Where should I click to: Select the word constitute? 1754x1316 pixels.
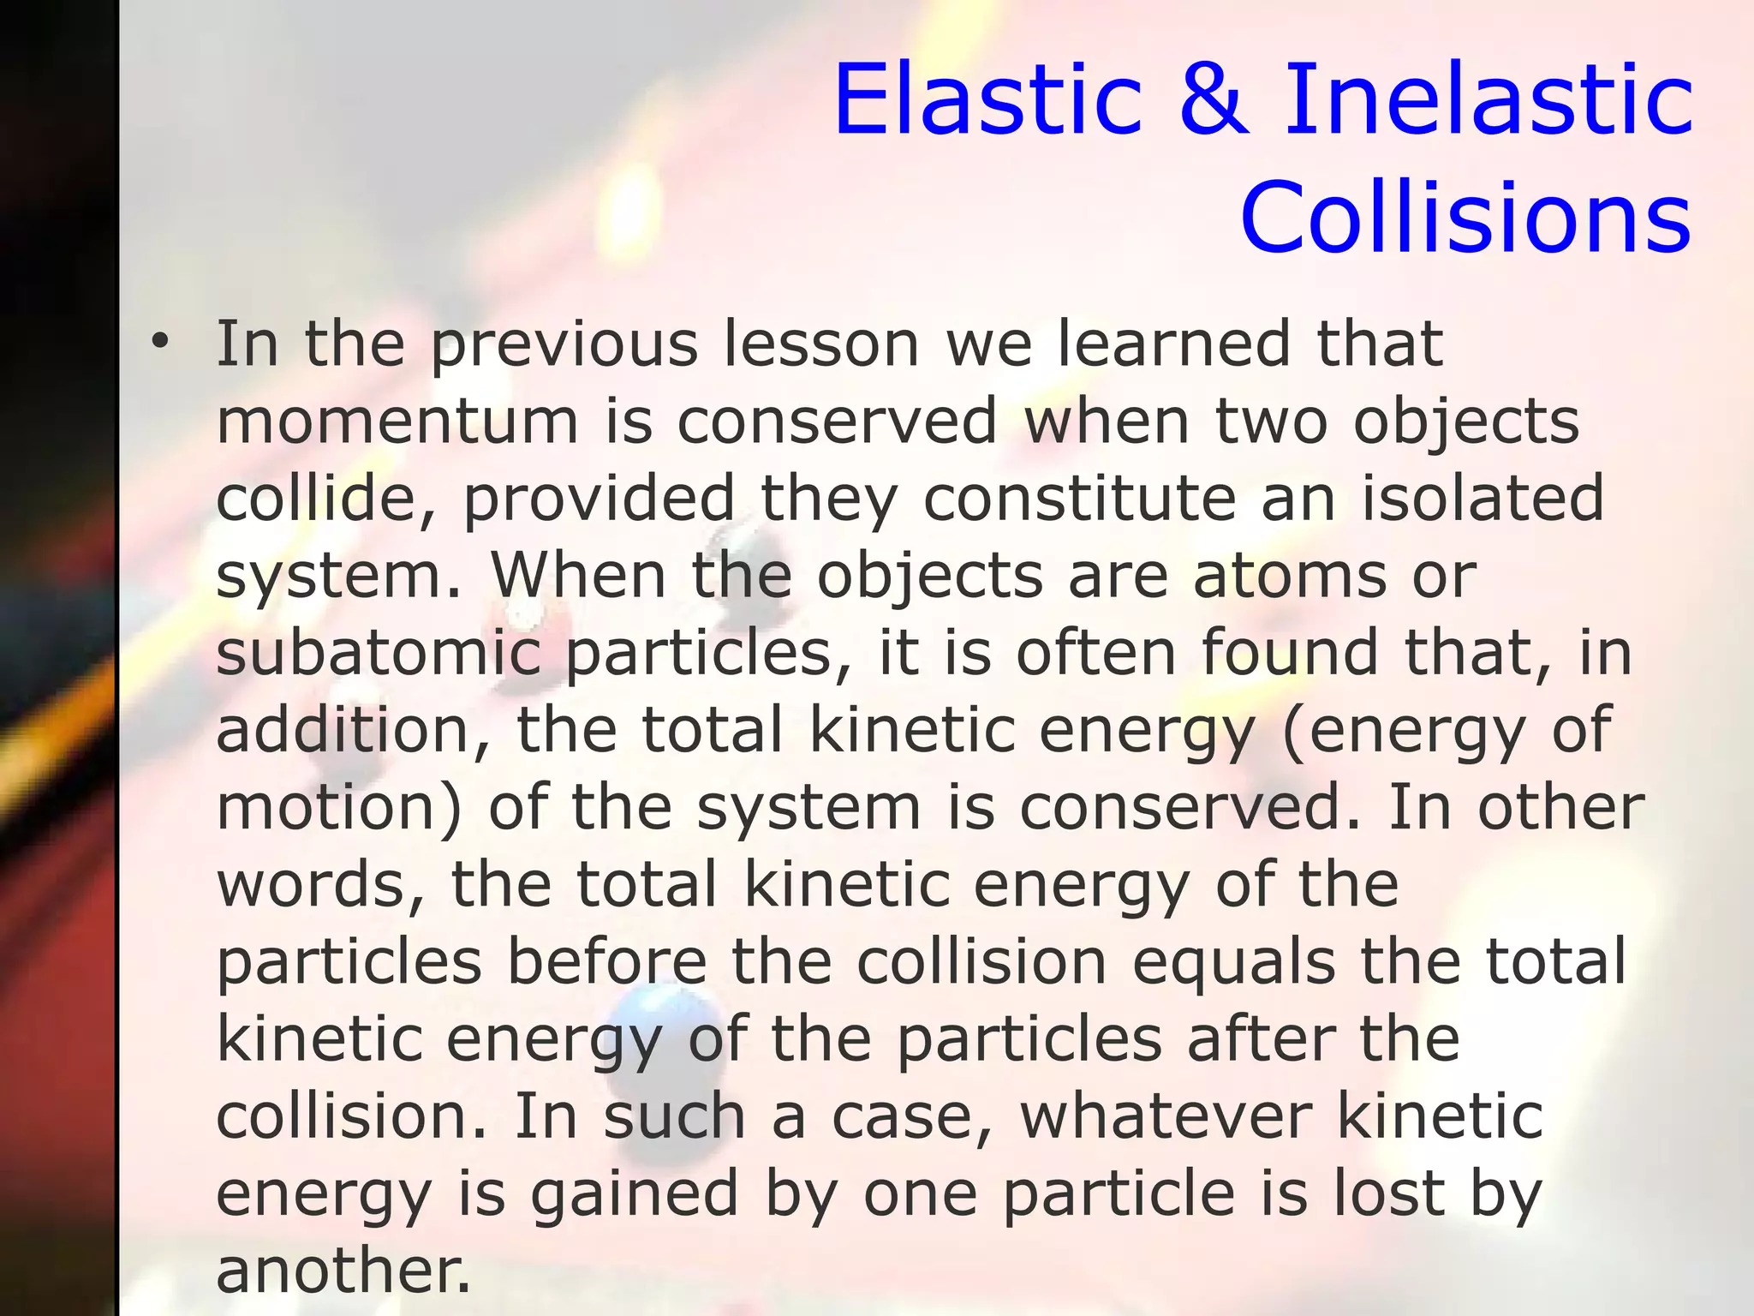coord(1079,499)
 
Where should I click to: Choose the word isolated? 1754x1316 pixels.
coord(1483,499)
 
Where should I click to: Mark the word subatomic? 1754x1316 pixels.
coord(379,653)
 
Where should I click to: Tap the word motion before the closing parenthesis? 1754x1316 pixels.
coord(329,807)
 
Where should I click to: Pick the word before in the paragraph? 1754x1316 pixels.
coord(607,961)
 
